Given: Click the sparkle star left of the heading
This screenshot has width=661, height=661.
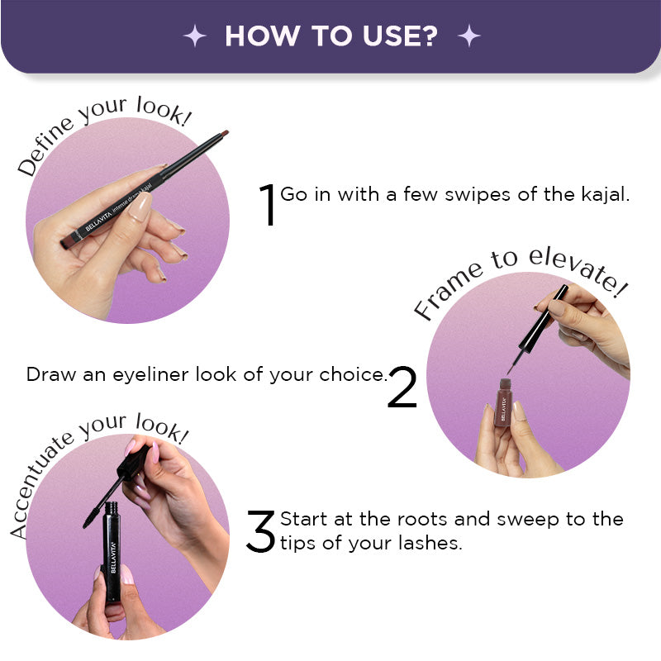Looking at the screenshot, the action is [x=195, y=36].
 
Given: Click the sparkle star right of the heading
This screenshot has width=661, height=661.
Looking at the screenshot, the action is [x=469, y=36].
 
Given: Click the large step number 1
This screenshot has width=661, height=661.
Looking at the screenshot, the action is [x=268, y=205].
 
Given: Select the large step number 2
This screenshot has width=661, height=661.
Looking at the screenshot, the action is [x=402, y=387].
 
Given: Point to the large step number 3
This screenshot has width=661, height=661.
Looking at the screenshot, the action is [x=260, y=531].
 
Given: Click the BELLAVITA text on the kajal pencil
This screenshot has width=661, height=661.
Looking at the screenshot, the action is [x=98, y=221].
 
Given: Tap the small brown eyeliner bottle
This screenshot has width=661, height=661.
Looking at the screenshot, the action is [x=503, y=402].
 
